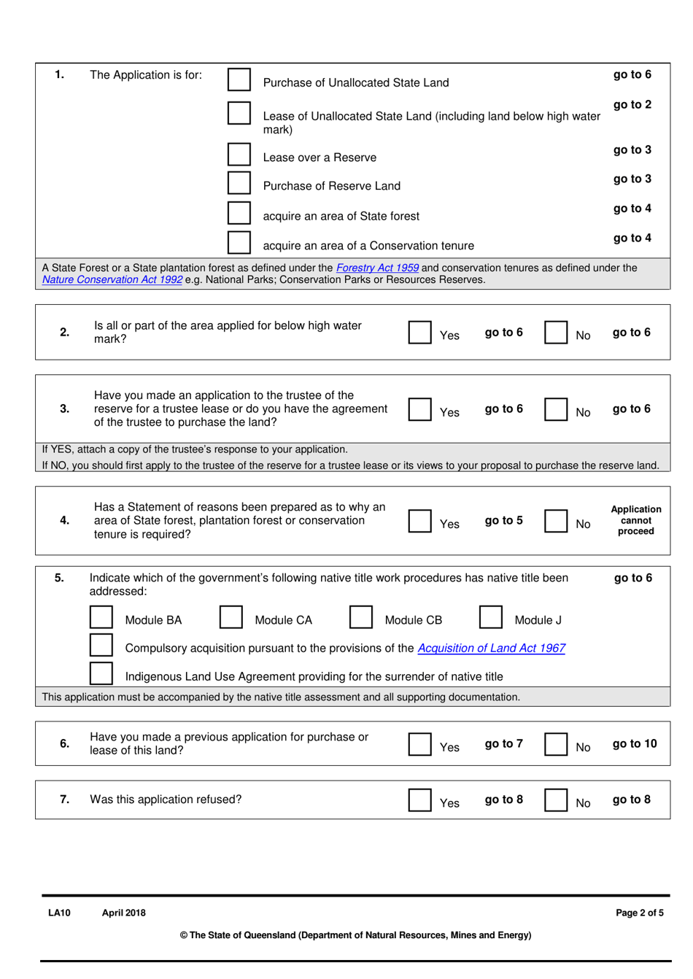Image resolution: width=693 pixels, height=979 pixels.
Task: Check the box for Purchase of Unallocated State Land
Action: (x=239, y=80)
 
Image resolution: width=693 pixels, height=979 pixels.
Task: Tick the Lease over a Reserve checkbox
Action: (x=239, y=154)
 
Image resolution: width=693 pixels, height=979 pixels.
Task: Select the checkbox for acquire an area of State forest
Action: (x=239, y=212)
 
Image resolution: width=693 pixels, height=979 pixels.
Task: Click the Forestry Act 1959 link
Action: (x=377, y=268)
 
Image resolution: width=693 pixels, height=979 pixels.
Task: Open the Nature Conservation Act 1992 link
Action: (x=112, y=279)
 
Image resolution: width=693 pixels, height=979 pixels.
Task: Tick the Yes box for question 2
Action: (x=419, y=332)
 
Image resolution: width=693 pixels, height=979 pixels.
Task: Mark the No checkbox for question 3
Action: (x=556, y=409)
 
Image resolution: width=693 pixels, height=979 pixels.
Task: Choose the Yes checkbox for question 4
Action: (x=419, y=521)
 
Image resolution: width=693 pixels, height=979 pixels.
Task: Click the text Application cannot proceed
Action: (x=635, y=520)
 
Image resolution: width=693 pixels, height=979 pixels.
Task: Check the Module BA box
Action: (x=101, y=617)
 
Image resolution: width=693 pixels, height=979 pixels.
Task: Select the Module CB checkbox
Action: (x=361, y=617)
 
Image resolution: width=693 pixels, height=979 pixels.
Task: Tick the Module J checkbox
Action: (x=491, y=617)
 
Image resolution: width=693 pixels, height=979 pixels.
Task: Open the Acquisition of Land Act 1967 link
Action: (x=491, y=648)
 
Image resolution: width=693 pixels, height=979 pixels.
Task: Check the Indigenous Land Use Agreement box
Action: (x=101, y=673)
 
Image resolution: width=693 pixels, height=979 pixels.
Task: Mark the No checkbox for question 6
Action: (x=556, y=744)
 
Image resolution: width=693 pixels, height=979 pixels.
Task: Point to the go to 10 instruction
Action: (x=635, y=743)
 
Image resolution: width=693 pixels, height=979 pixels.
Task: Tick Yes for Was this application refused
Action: (x=419, y=800)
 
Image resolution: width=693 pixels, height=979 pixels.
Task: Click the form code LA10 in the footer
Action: (x=59, y=913)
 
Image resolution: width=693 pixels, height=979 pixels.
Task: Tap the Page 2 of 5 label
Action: (x=639, y=913)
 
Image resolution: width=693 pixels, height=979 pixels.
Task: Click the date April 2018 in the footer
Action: (x=123, y=913)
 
